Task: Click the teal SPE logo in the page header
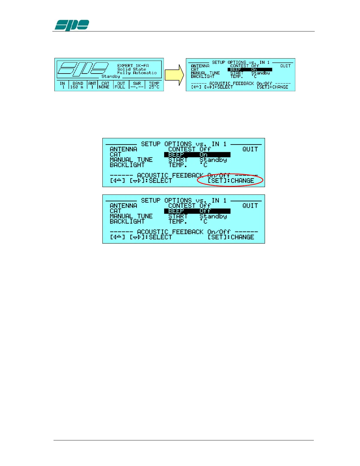72,25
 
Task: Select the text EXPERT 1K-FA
133,66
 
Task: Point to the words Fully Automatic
137,73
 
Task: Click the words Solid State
131,69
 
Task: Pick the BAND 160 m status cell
78,85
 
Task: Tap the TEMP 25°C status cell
154,85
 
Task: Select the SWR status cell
137,85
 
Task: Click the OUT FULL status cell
120,85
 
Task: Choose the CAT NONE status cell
104,85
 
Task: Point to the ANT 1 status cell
92,85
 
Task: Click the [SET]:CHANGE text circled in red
231,181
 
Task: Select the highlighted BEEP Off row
197,211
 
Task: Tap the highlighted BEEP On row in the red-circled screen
197,154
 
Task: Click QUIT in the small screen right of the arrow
285,66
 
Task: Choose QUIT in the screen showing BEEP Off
250,206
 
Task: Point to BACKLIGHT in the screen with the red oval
127,165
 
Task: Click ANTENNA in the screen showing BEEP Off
123,206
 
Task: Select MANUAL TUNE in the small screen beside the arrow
205,73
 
